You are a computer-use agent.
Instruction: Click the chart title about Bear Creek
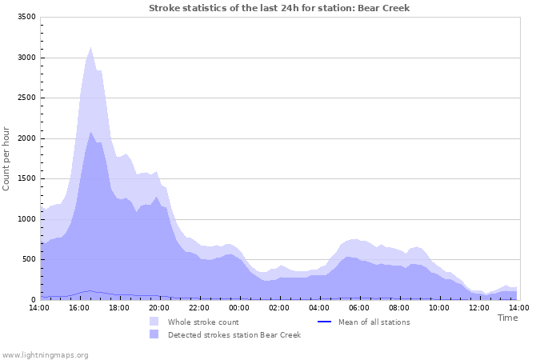[279, 8]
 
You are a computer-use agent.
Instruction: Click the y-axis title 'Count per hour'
[7, 158]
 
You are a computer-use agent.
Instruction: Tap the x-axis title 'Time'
[507, 318]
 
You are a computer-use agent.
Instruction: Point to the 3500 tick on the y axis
[26, 18]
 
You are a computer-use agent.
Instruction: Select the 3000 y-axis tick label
[26, 58]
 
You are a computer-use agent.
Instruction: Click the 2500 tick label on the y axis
[26, 98]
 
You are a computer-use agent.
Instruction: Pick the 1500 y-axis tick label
[26, 179]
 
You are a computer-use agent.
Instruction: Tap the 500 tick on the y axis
[29, 260]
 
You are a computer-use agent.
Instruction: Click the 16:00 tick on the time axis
[79, 307]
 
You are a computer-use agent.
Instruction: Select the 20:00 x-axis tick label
[159, 307]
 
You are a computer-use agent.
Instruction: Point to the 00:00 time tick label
[239, 307]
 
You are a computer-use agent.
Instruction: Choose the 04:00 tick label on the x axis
[319, 307]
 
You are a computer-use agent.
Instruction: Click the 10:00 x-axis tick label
[439, 307]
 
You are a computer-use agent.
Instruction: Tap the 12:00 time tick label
[479, 307]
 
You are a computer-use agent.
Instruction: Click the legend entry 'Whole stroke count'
[203, 322]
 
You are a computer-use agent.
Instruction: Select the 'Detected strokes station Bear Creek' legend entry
[234, 335]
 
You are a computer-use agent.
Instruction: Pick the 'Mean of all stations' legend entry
[374, 322]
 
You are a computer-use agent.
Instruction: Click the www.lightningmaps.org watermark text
[45, 354]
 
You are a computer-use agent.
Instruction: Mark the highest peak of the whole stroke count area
[90, 48]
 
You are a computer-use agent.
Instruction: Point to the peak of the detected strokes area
[90, 133]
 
